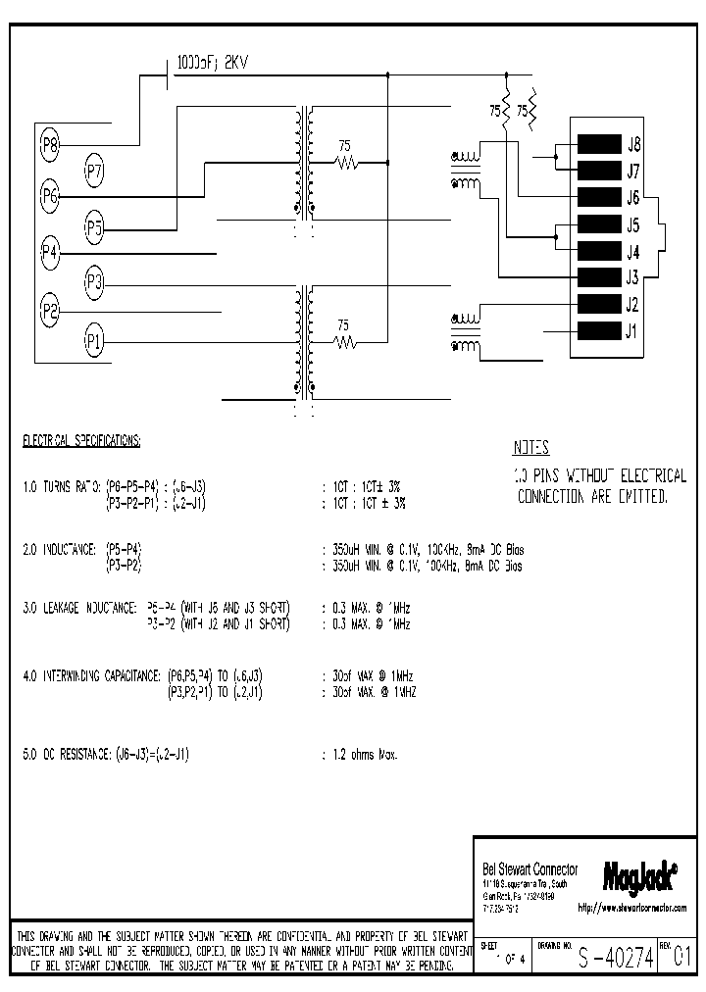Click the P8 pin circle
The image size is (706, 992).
click(x=51, y=147)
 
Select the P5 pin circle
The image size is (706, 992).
click(x=94, y=229)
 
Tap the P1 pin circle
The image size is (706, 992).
click(x=94, y=341)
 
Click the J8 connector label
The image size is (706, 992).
click(x=633, y=143)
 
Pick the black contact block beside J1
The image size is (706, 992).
click(x=600, y=330)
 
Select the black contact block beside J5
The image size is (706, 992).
click(x=600, y=223)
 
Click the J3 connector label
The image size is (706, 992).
click(x=633, y=277)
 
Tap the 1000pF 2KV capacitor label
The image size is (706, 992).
click(x=212, y=62)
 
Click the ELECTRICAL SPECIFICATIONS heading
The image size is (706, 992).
click(x=81, y=442)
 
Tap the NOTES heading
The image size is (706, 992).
click(x=530, y=449)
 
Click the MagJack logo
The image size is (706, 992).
click(x=630, y=870)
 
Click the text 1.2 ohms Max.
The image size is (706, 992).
click(x=362, y=754)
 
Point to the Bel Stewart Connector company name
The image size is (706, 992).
click(x=530, y=869)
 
